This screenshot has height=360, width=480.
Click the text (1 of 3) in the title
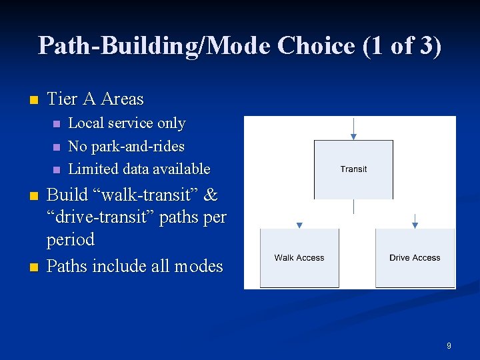(x=402, y=45)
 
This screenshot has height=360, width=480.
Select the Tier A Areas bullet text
(x=95, y=99)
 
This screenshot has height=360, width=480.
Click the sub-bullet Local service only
(x=127, y=123)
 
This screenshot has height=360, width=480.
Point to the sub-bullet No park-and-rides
(x=126, y=146)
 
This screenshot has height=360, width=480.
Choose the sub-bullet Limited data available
(x=139, y=169)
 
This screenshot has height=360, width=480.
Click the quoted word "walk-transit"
(x=141, y=195)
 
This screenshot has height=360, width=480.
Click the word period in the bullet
(x=70, y=239)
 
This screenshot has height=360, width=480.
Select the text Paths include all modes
(x=135, y=266)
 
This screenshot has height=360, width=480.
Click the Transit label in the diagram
(x=353, y=169)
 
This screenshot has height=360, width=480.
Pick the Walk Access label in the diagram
(x=299, y=258)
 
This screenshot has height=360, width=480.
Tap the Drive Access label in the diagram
(x=415, y=258)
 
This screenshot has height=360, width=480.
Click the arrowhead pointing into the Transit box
(x=353, y=137)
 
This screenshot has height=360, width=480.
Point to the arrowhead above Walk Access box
(x=299, y=225)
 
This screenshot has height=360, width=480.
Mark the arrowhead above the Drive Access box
(x=415, y=225)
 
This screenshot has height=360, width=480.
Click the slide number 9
(x=449, y=346)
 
